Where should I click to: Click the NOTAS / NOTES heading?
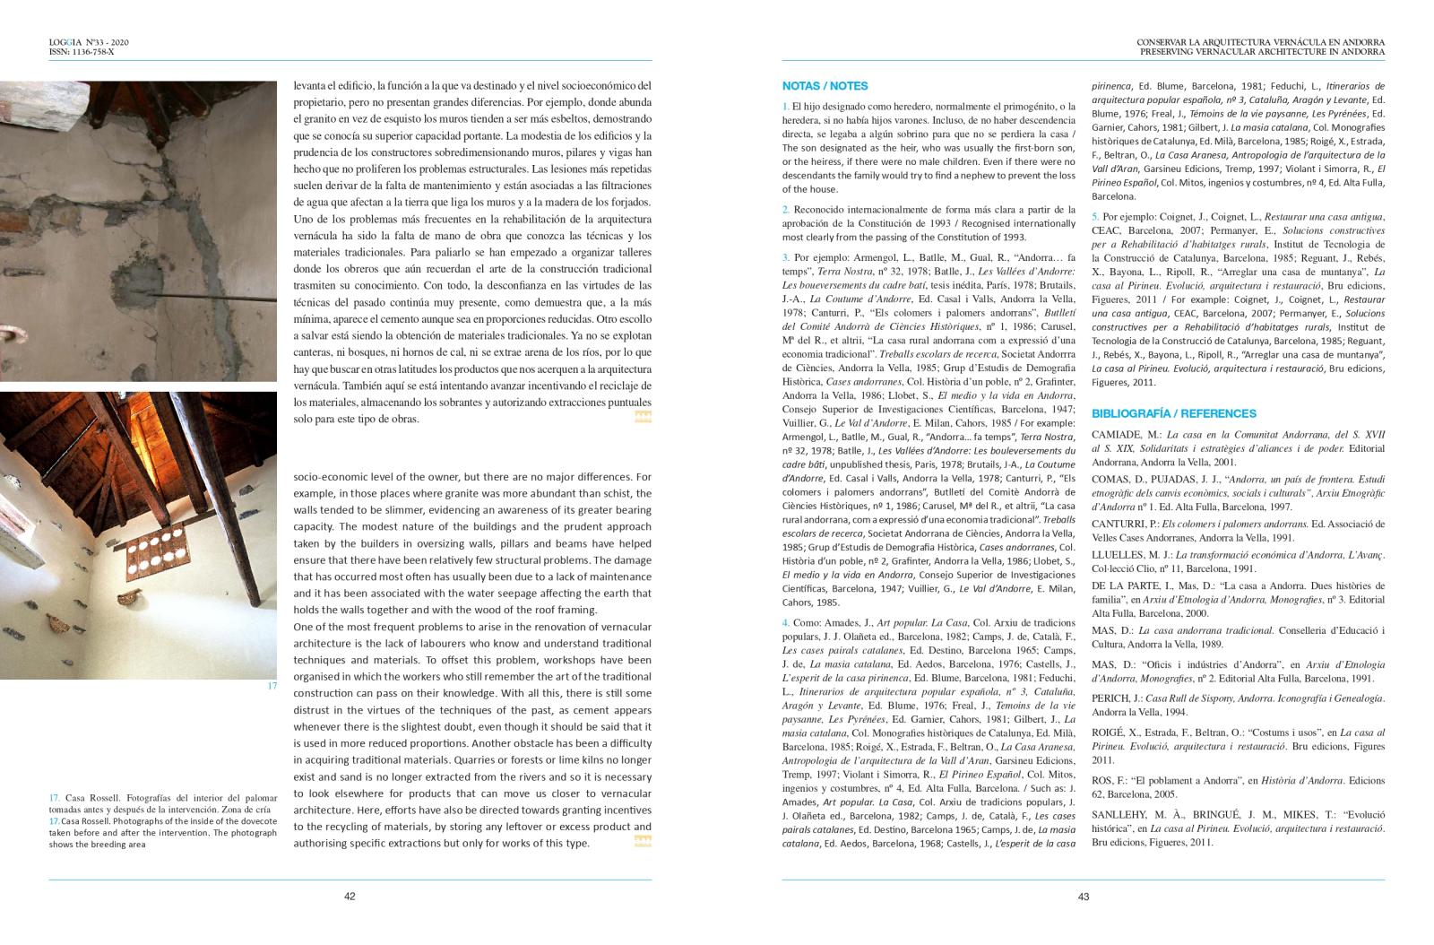point(825,86)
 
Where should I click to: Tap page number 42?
point(350,897)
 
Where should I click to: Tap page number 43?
point(1083,897)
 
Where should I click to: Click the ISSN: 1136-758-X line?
point(82,52)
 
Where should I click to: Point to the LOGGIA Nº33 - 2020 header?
point(89,42)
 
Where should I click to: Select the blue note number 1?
point(785,107)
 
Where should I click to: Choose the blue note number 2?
point(785,210)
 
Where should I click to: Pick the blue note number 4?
point(785,622)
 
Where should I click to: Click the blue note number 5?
point(1095,217)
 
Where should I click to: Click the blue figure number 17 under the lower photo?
point(272,686)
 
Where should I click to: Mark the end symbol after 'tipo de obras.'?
point(643,417)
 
